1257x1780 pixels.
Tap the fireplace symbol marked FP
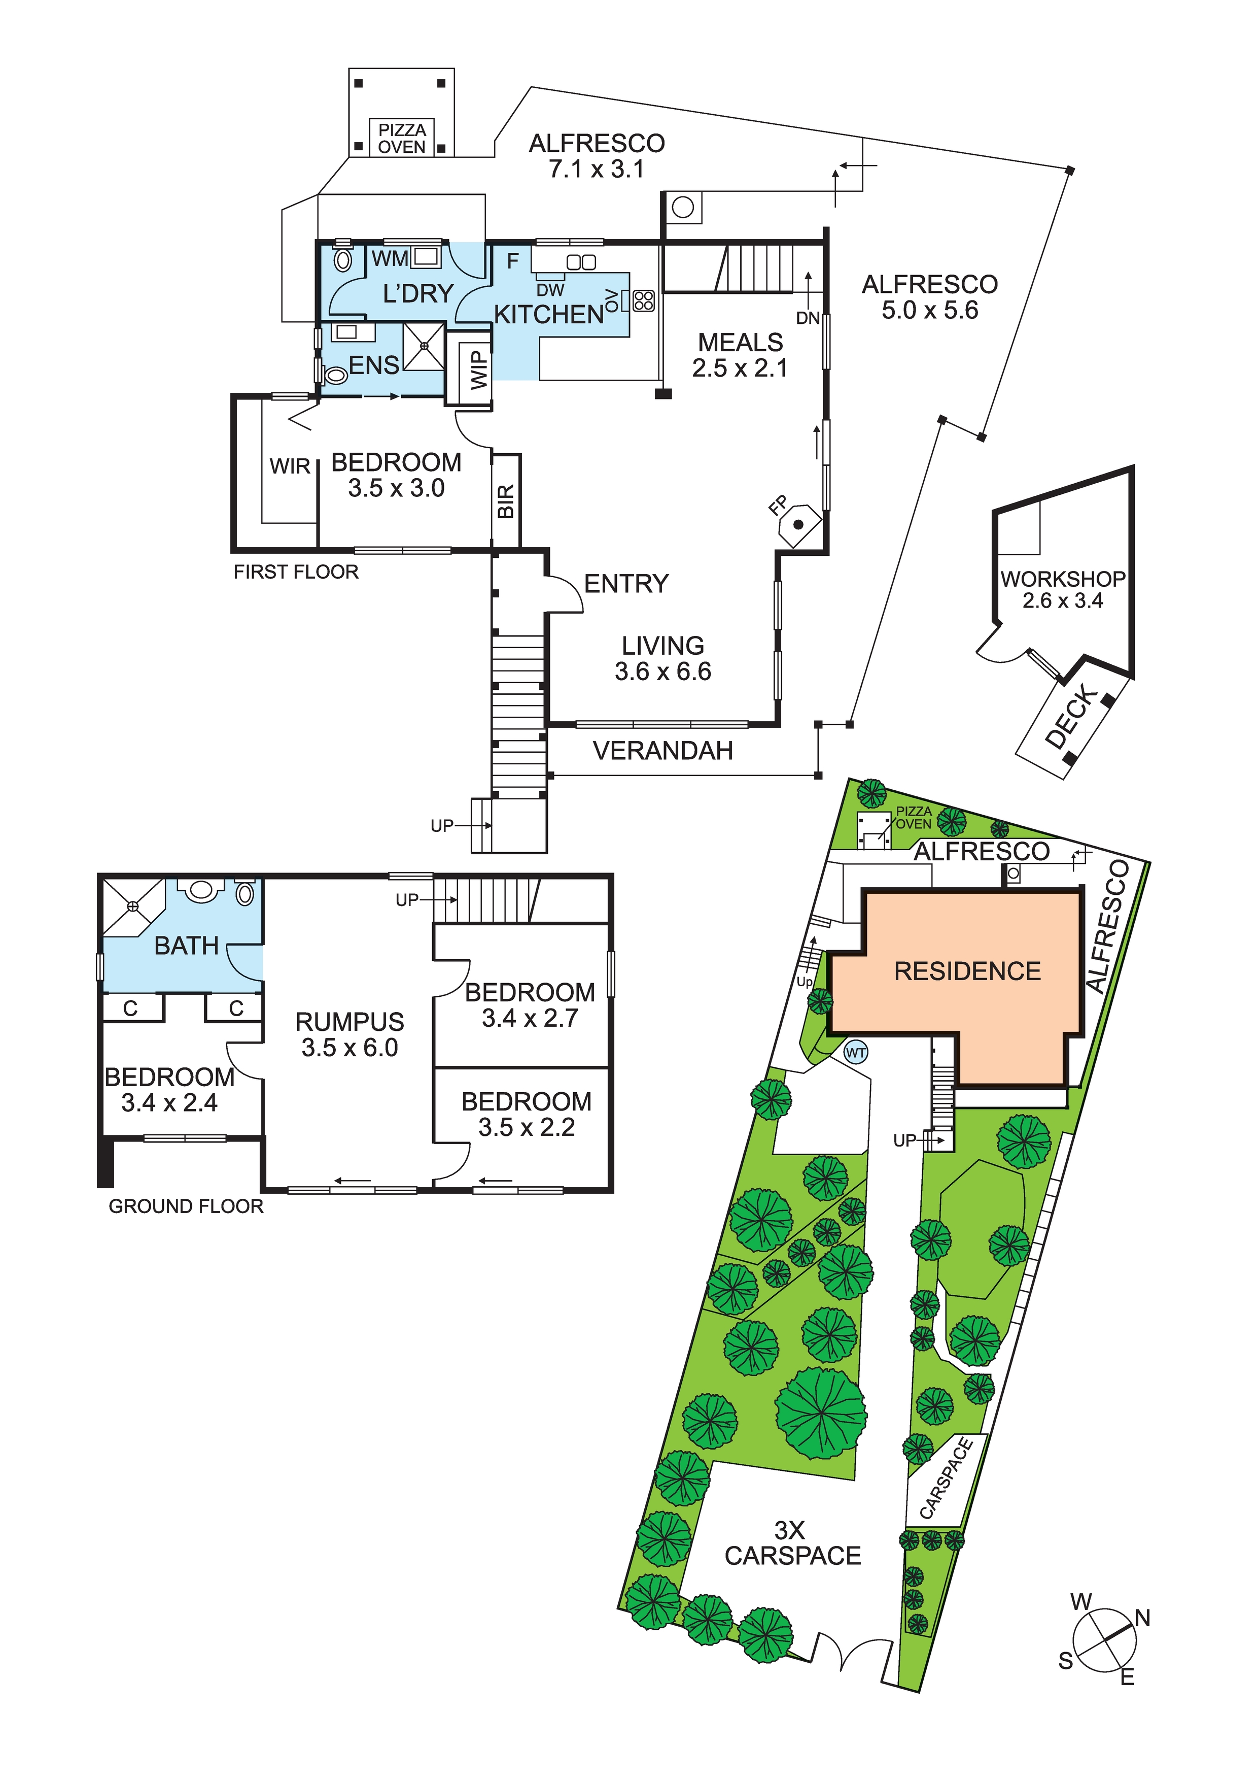point(798,524)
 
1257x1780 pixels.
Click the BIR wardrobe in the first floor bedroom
point(505,501)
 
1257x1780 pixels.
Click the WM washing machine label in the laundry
point(390,258)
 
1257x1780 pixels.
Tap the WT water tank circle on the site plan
point(856,1053)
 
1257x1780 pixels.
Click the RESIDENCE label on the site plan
point(967,971)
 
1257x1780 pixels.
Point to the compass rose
point(1104,1641)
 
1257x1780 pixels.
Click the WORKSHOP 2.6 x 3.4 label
point(1063,589)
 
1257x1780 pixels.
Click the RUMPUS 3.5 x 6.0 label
point(350,1034)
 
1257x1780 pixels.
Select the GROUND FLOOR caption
point(186,1206)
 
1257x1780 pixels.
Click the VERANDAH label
point(662,751)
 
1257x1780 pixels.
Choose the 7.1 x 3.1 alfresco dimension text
point(596,169)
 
